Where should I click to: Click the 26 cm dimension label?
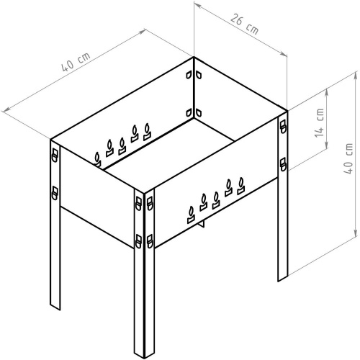click(245, 24)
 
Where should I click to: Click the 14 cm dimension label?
click(319, 122)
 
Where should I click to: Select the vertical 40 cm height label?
click(348, 158)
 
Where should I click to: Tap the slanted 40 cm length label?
click(76, 62)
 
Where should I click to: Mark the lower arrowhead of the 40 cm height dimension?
click(356, 233)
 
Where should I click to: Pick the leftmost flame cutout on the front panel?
click(192, 215)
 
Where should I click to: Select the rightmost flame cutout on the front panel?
click(241, 186)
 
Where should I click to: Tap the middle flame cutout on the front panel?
click(216, 200)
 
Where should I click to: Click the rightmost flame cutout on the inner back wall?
click(147, 132)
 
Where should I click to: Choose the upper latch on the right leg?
click(283, 126)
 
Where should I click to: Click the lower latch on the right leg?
click(283, 164)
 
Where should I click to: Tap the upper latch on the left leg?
click(55, 156)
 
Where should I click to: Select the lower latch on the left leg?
click(55, 193)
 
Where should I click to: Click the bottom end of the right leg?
click(283, 278)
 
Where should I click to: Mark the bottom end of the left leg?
click(55, 307)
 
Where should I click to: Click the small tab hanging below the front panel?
click(201, 224)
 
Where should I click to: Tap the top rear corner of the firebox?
click(194, 57)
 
